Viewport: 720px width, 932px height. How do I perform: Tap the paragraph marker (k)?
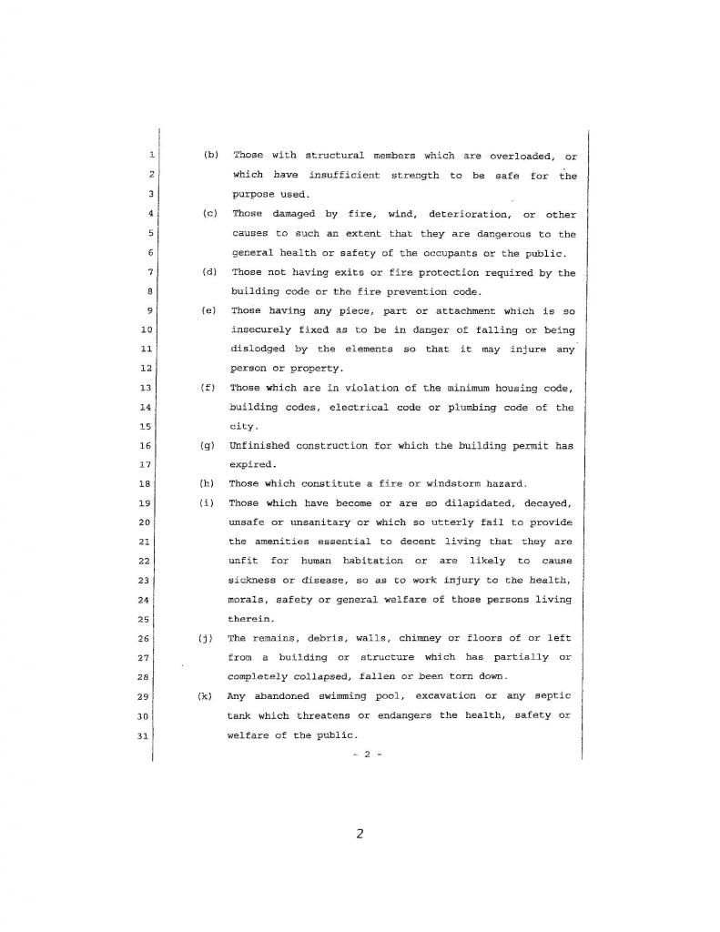(205, 695)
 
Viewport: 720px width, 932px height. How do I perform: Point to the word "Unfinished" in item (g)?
(260, 445)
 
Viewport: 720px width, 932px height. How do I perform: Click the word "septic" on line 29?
(549, 695)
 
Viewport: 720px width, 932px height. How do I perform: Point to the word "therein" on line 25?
(248, 618)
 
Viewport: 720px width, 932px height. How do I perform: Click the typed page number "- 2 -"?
(364, 754)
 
